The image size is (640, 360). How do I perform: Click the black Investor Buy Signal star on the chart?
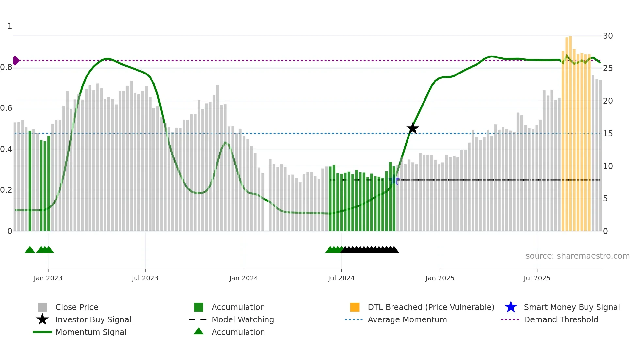(x=413, y=128)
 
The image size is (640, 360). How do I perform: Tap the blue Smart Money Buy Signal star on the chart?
(x=394, y=180)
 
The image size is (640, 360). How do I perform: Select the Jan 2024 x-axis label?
(x=244, y=278)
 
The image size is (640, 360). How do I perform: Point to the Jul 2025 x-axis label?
(x=537, y=278)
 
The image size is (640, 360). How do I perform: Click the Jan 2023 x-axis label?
(x=48, y=278)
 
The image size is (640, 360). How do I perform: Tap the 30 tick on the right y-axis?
(x=608, y=36)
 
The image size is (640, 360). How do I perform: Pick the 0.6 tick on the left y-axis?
(x=6, y=108)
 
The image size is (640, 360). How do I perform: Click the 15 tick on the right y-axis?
(x=608, y=134)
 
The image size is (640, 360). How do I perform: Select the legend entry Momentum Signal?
(x=91, y=332)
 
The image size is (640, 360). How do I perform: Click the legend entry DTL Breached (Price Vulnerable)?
(x=431, y=307)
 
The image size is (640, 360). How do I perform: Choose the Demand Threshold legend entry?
(x=561, y=319)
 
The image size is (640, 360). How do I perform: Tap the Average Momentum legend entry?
(x=407, y=319)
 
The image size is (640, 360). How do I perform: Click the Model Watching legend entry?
(x=243, y=319)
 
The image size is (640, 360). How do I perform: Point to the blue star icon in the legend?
(x=511, y=307)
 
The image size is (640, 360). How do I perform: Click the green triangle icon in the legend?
(x=199, y=331)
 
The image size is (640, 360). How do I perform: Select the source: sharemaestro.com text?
(x=577, y=256)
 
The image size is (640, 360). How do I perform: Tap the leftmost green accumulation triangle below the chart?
(x=30, y=250)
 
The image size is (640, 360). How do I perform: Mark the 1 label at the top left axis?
(x=10, y=26)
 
